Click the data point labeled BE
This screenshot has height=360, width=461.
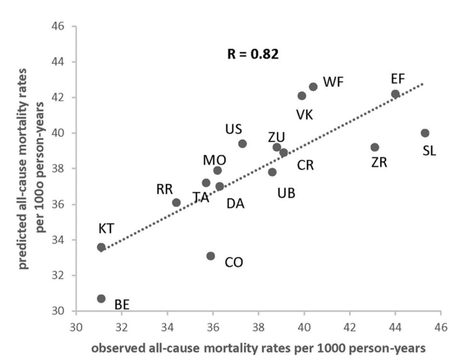tap(101, 299)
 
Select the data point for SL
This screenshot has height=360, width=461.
tap(425, 133)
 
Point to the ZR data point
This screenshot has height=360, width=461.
tap(375, 147)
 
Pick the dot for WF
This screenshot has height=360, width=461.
tap(313, 87)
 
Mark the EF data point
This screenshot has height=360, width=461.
tap(395, 94)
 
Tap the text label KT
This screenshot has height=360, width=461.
tap(106, 229)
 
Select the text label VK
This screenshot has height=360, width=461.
tap(305, 114)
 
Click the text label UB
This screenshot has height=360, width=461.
tap(286, 193)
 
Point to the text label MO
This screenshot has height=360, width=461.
tap(214, 160)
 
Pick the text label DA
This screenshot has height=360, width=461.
tap(235, 203)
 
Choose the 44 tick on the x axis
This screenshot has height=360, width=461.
tap(395, 327)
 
